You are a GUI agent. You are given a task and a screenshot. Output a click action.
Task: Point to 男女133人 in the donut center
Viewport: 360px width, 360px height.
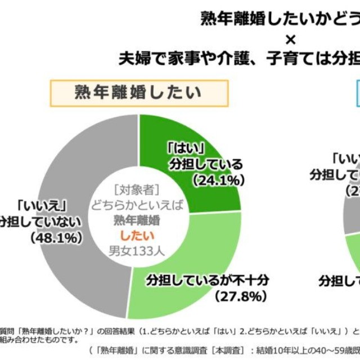coord(137,250)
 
